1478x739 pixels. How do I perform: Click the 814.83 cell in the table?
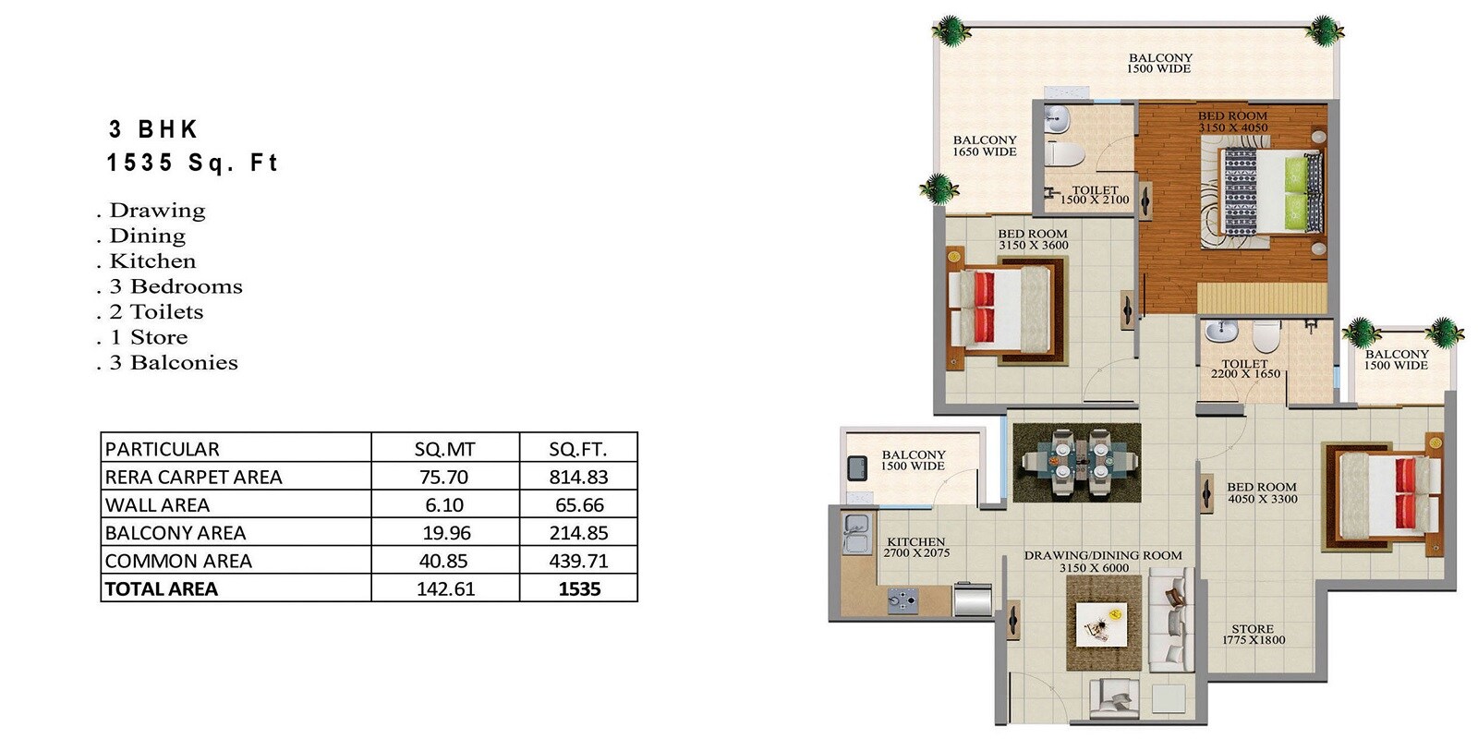(x=579, y=477)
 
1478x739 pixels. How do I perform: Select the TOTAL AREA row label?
(x=162, y=588)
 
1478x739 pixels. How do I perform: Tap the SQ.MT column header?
(x=444, y=449)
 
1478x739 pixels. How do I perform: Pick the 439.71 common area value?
(x=579, y=561)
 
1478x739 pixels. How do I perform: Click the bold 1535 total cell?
(x=579, y=588)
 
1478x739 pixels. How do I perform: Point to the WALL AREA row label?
(x=158, y=504)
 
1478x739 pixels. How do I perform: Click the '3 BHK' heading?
(x=153, y=129)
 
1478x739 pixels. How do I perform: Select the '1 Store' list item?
(x=149, y=337)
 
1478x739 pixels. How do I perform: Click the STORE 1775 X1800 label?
(x=1253, y=634)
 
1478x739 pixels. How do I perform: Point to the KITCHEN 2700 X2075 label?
(x=915, y=547)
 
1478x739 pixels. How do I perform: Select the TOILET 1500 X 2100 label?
(x=1095, y=195)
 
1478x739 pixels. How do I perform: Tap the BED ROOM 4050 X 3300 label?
(x=1262, y=492)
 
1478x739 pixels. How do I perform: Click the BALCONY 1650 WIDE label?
(x=985, y=146)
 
